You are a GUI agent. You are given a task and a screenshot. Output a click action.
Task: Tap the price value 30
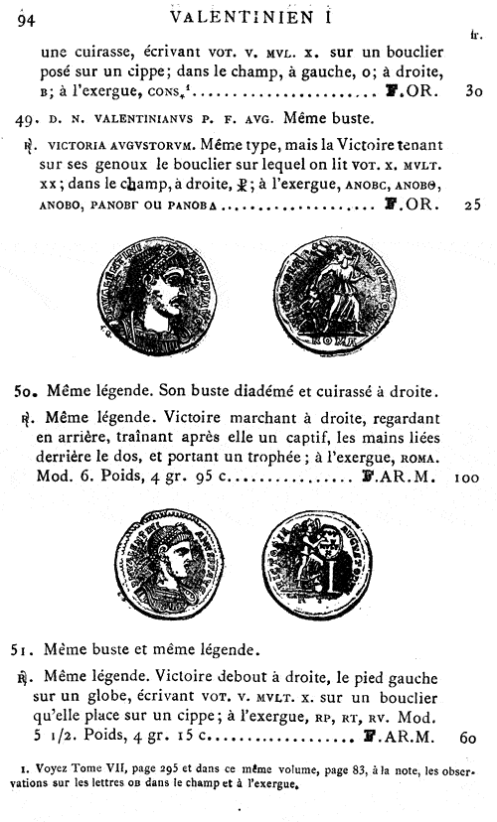tap(472, 92)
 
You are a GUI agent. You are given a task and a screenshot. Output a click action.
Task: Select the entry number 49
tap(28, 120)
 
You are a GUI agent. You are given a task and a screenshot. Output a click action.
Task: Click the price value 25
tap(472, 206)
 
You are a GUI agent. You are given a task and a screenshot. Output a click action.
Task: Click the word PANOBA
tap(198, 207)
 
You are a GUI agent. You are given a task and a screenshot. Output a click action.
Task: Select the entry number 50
tap(28, 391)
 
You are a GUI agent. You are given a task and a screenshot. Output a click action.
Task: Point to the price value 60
tap(470, 738)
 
